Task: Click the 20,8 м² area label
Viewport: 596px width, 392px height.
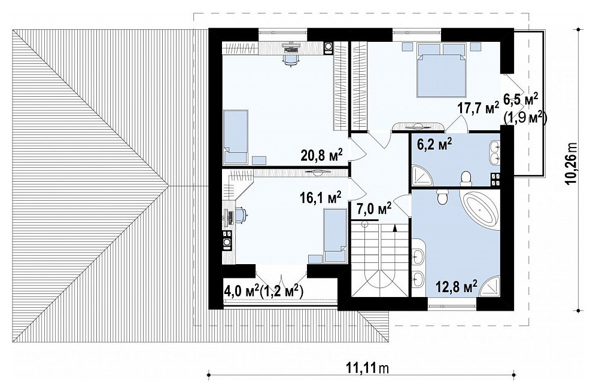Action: tap(321, 154)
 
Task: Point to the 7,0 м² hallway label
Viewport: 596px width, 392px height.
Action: tap(375, 209)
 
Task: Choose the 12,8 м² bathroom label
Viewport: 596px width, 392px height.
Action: tap(456, 286)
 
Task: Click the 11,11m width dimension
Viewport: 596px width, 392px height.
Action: tap(368, 367)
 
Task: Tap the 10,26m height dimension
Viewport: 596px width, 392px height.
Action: tap(570, 164)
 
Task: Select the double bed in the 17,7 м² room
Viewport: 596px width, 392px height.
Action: tap(442, 70)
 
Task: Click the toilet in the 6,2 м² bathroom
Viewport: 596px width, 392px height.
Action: tap(466, 178)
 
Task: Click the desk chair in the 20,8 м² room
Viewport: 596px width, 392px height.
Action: tap(290, 59)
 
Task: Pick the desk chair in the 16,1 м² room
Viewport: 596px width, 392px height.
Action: tap(240, 215)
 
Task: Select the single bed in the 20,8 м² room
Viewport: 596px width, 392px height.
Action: tap(236, 137)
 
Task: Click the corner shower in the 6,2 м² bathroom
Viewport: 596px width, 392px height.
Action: tap(422, 174)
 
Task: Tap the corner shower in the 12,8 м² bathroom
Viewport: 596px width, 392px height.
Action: tap(489, 286)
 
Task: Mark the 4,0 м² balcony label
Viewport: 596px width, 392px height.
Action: tap(242, 292)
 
